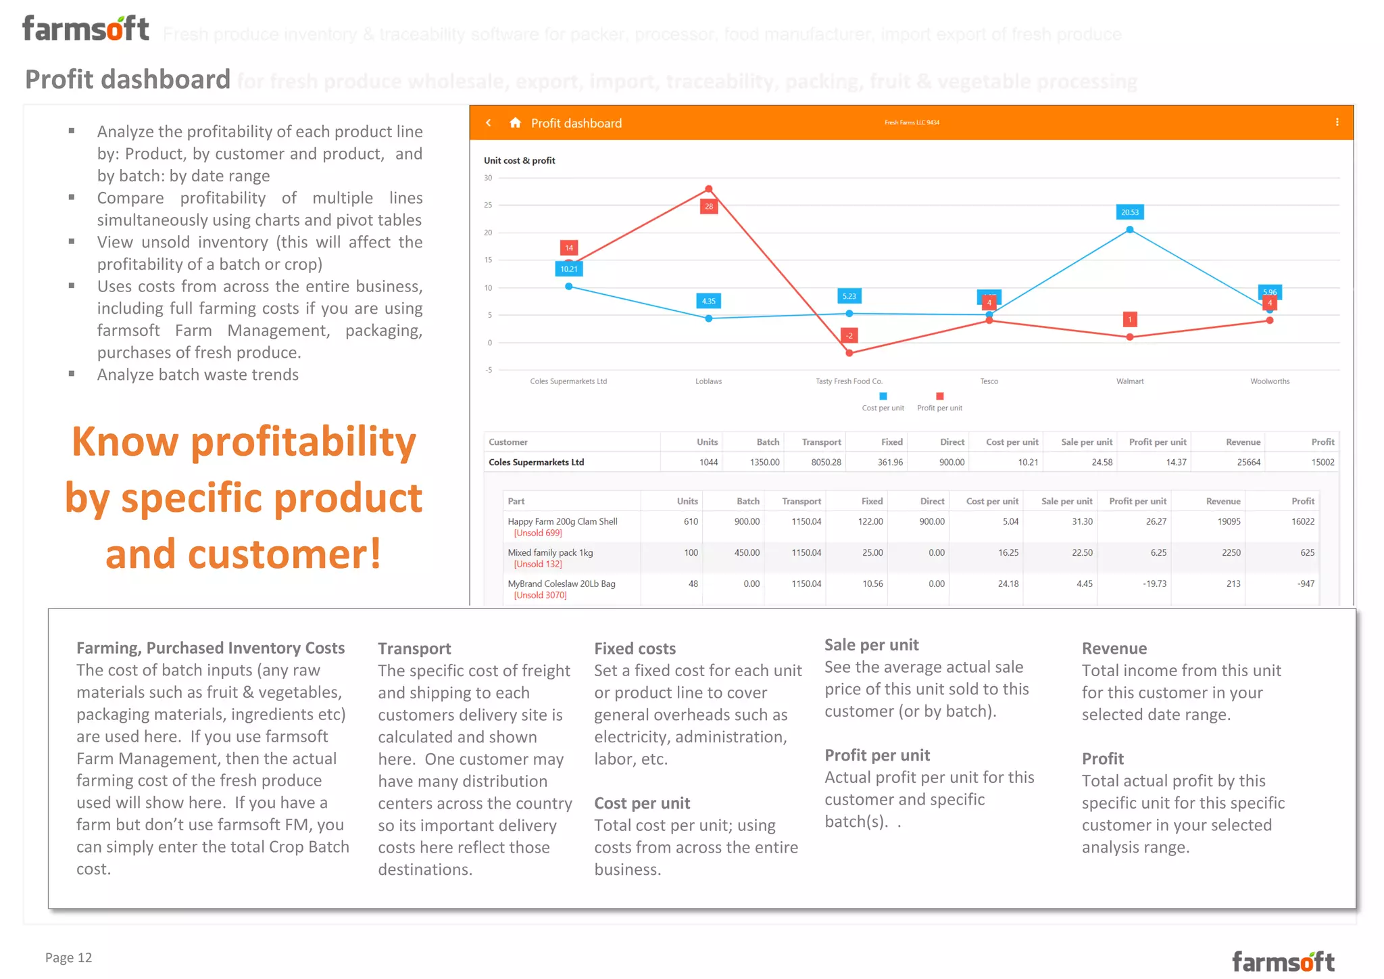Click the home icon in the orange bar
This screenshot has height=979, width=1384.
[x=515, y=122]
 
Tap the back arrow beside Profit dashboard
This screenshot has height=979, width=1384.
[x=489, y=122]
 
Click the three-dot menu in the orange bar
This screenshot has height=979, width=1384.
[x=1337, y=122]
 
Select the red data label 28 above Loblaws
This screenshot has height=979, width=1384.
[x=708, y=206]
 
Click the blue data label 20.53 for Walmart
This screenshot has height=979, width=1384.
[x=1129, y=212]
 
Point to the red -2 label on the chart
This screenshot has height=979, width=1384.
[x=849, y=335]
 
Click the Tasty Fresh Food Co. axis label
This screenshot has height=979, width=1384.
[x=849, y=381]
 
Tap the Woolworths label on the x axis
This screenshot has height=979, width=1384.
[x=1269, y=381]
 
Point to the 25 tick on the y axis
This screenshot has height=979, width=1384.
[x=488, y=205]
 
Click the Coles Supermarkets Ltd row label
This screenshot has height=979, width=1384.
[x=536, y=462]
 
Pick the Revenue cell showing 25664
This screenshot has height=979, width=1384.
[x=1248, y=462]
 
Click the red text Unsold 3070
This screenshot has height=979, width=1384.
[x=540, y=595]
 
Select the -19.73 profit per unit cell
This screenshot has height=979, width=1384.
[x=1154, y=583]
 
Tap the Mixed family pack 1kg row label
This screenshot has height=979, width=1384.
[x=550, y=552]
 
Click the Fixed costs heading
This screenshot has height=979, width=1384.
[x=635, y=648]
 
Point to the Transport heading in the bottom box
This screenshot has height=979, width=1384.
[x=414, y=648]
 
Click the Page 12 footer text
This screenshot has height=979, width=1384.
[x=68, y=957]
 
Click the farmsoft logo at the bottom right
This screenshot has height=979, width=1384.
[x=1283, y=961]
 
